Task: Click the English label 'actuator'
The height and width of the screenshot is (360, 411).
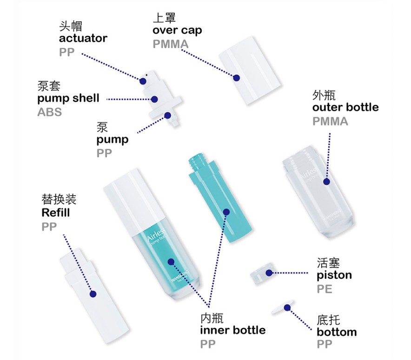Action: (83, 38)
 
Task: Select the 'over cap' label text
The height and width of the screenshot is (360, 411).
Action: (177, 31)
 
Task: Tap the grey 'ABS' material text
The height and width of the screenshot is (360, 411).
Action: (49, 112)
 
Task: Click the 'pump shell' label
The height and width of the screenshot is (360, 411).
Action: (68, 98)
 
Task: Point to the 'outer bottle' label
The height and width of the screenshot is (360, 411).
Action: (345, 107)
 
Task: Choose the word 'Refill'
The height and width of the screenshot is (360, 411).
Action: (55, 213)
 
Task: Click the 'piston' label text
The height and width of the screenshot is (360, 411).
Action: (334, 275)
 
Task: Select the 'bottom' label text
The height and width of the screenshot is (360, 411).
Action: (337, 332)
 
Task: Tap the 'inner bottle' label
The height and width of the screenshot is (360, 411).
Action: (232, 330)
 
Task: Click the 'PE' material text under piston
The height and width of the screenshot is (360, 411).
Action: (325, 289)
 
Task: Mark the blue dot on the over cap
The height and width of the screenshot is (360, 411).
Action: (236, 79)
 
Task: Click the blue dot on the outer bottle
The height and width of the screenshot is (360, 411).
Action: (326, 182)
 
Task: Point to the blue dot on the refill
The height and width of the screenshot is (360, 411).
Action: (93, 294)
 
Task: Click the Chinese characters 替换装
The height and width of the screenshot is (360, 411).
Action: (59, 200)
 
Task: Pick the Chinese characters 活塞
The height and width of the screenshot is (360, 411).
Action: (328, 262)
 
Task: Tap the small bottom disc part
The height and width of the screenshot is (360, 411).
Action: (282, 307)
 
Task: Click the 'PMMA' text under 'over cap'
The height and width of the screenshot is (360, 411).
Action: (170, 44)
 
